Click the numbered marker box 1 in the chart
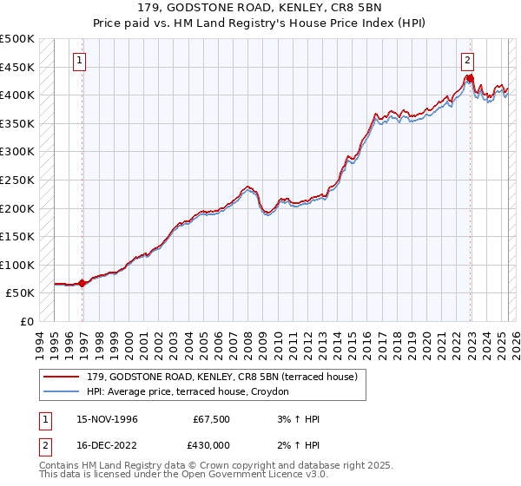pos(79,61)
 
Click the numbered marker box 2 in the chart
pos(467,61)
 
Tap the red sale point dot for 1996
pos(82,283)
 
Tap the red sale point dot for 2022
pos(470,78)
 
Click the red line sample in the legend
pos(63,376)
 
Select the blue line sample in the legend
pos(63,392)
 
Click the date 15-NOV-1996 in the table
pos(104,419)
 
